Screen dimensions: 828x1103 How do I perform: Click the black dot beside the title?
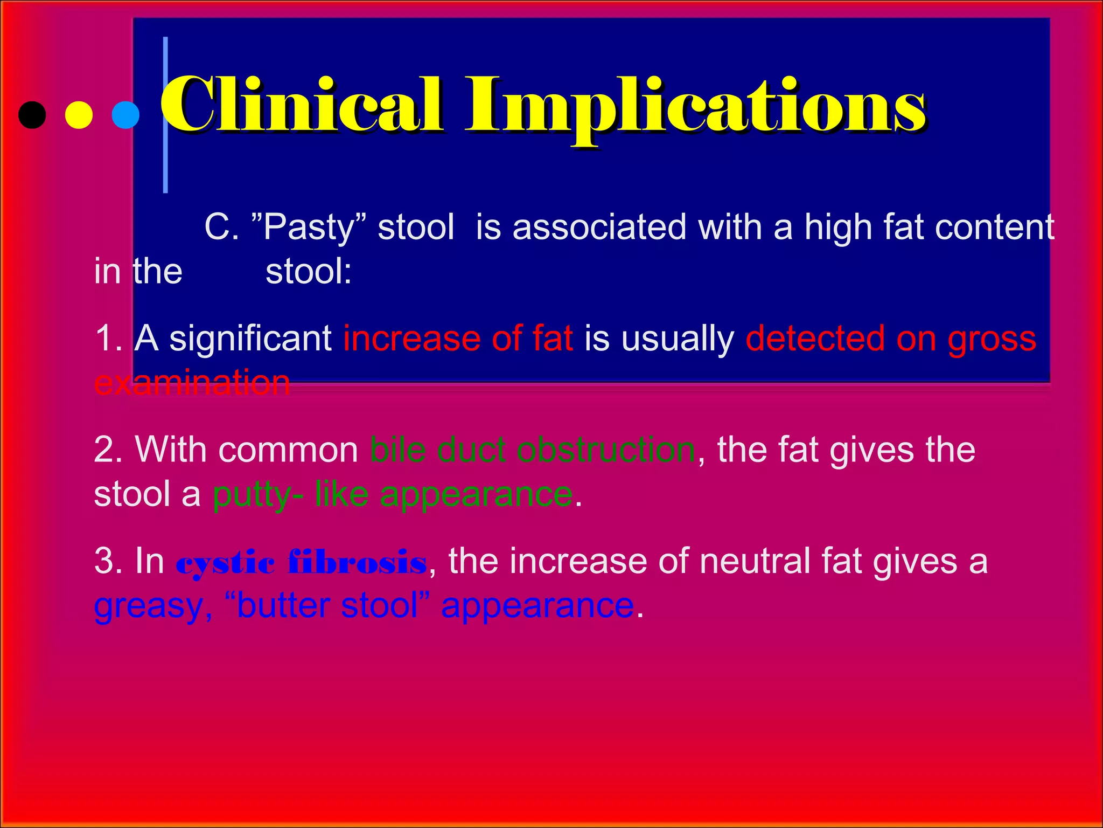pyautogui.click(x=32, y=115)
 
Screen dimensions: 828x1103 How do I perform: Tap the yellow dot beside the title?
pyautogui.click(x=79, y=115)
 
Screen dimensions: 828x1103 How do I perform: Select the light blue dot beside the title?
pyautogui.click(x=125, y=115)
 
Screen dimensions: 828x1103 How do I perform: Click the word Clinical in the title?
pyautogui.click(x=302, y=105)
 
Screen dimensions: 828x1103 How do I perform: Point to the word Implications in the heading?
pyautogui.click(x=695, y=108)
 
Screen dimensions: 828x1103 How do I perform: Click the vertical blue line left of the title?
pyautogui.click(x=165, y=115)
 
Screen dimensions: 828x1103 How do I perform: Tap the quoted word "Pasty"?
pyautogui.click(x=309, y=227)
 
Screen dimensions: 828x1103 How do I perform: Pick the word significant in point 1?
pyautogui.click(x=250, y=339)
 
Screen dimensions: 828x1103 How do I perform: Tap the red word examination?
pyautogui.click(x=192, y=383)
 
